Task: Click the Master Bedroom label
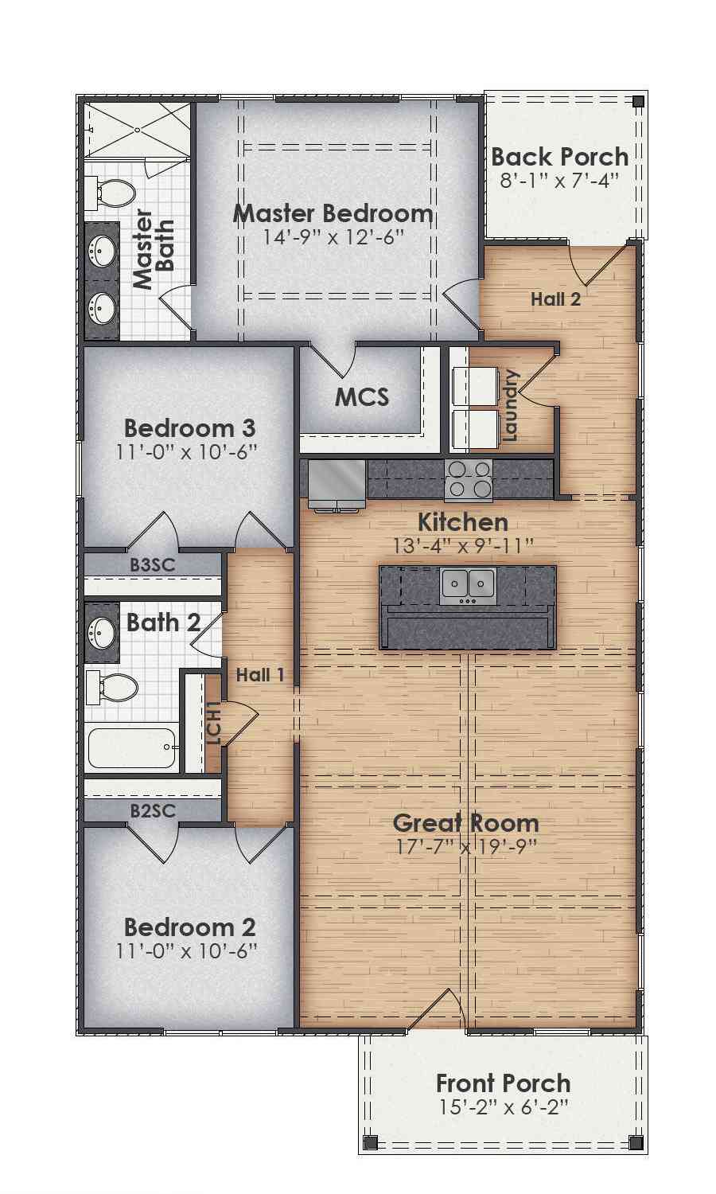pos(333,214)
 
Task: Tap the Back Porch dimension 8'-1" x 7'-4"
pos(559,181)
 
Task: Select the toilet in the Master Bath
pos(110,193)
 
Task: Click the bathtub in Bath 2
pos(132,748)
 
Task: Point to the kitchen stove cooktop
pos(469,481)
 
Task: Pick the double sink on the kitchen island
pos(468,586)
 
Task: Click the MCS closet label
pos(362,397)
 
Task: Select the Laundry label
pos(510,405)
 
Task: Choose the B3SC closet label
pos(153,565)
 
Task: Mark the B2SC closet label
pos(153,811)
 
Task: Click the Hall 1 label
pos(260,675)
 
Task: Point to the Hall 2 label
pos(555,299)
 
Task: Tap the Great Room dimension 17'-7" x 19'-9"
pos(466,846)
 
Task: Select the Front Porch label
pos(504,1083)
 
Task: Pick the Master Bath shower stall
pos(137,130)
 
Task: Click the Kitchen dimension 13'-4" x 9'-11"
pos(464,546)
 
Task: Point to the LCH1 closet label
pos(213,724)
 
